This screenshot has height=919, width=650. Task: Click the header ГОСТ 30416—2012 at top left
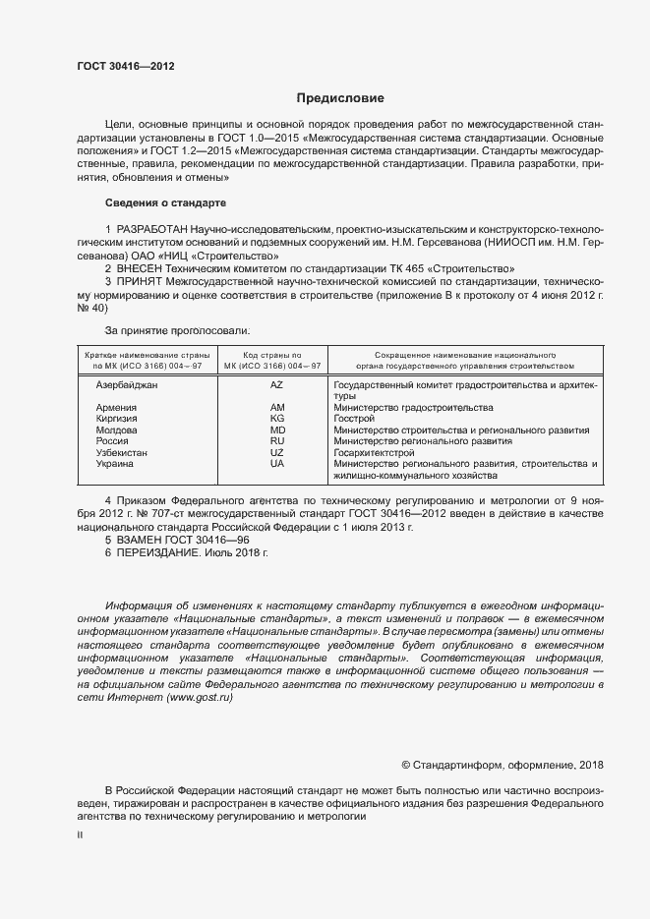pos(125,66)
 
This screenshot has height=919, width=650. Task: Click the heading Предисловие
pos(334,98)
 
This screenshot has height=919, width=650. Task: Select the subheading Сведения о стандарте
pos(165,202)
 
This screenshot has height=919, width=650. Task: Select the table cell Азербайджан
pos(127,385)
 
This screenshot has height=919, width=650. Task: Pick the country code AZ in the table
pos(276,385)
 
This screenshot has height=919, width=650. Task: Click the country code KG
pos(276,419)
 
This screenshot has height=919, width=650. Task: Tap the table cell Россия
pos(112,441)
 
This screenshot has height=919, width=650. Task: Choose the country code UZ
pos(276,452)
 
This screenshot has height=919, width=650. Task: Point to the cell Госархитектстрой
pos(375,452)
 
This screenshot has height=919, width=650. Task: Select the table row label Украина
pos(115,464)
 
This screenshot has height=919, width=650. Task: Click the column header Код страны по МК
pos(276,359)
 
